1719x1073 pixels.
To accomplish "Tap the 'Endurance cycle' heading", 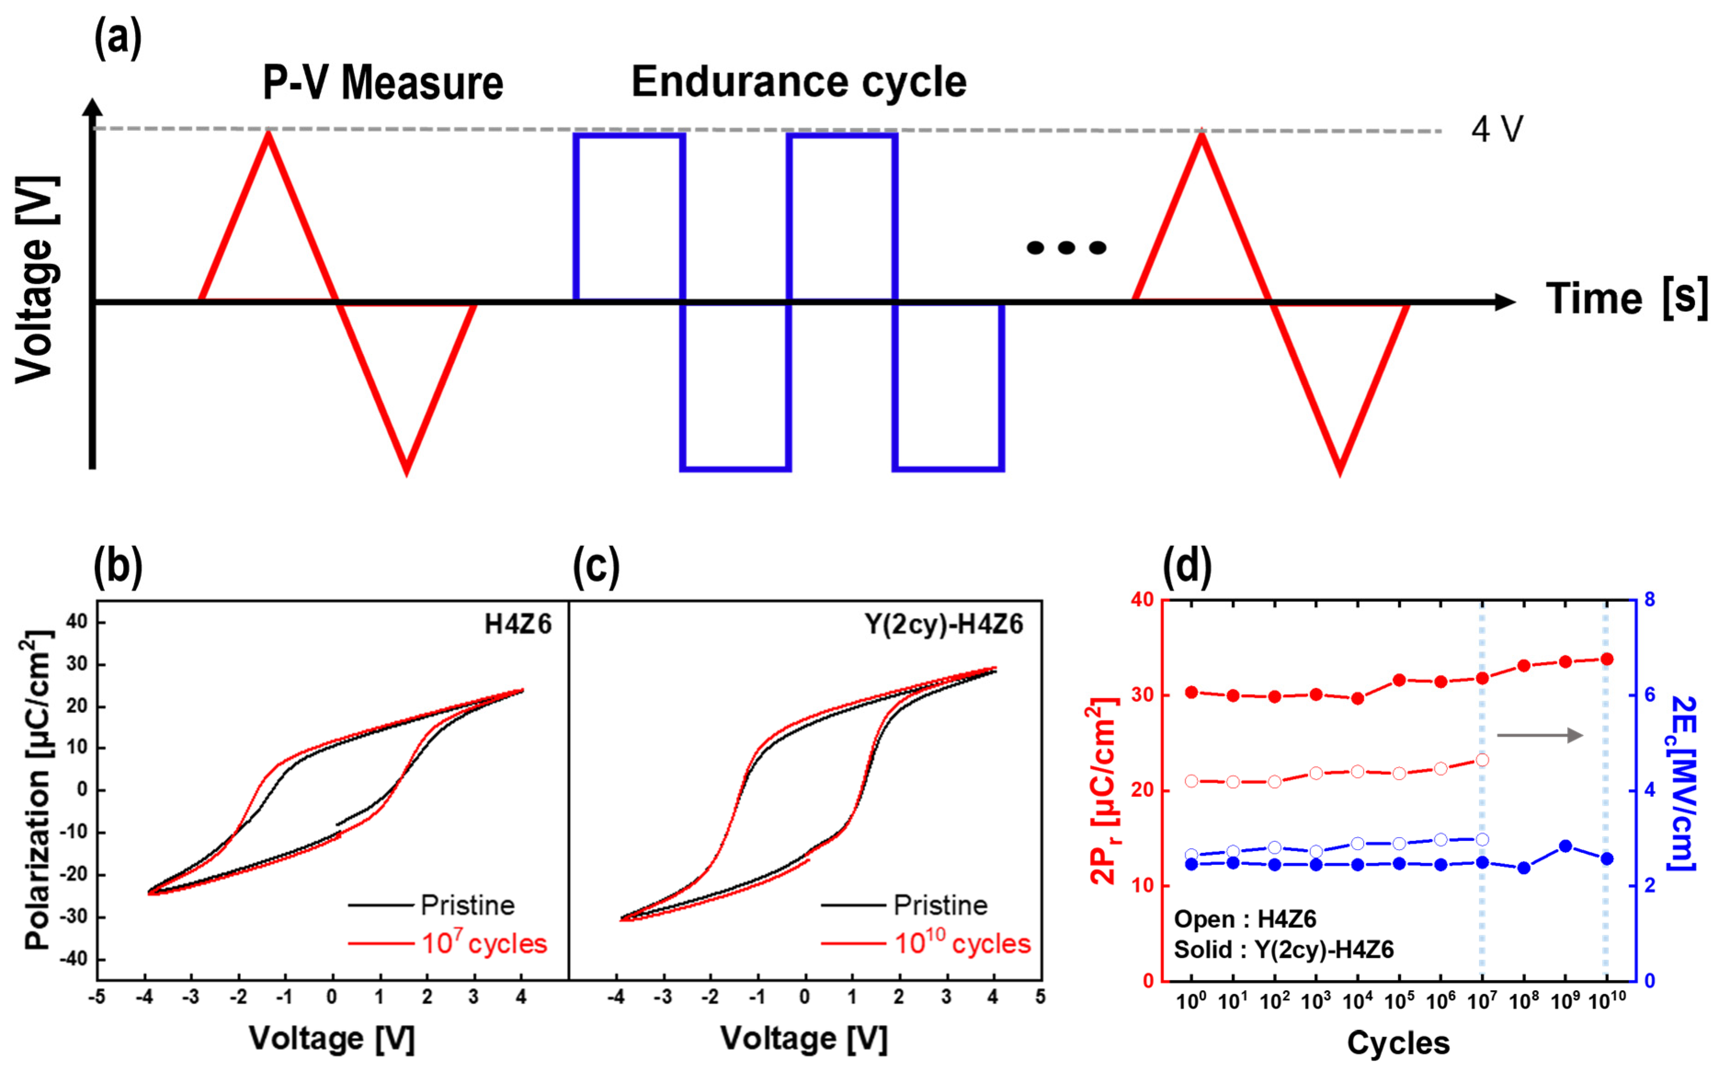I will tap(798, 82).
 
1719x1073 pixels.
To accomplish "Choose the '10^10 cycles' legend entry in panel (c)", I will tap(961, 944).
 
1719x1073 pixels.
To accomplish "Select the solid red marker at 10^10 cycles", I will tap(1607, 659).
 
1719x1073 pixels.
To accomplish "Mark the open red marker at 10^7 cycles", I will tap(1482, 760).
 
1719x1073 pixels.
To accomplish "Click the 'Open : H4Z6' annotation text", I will tap(1244, 920).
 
